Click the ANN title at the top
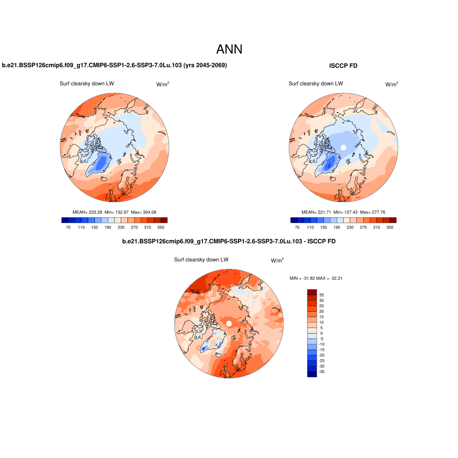[229, 49]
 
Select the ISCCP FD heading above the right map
[343, 66]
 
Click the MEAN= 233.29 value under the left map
[87, 212]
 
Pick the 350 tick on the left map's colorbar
[160, 228]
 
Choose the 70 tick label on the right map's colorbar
[297, 228]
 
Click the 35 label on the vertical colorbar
[321, 295]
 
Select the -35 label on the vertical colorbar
[321, 372]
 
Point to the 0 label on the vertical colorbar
[321, 333]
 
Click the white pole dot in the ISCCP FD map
[343, 147]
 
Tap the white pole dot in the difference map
[229, 323]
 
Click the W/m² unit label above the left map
[162, 84]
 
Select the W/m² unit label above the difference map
[277, 260]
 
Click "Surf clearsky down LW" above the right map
[316, 84]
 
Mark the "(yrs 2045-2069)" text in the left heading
[205, 65]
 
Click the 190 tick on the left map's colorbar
[108, 228]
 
